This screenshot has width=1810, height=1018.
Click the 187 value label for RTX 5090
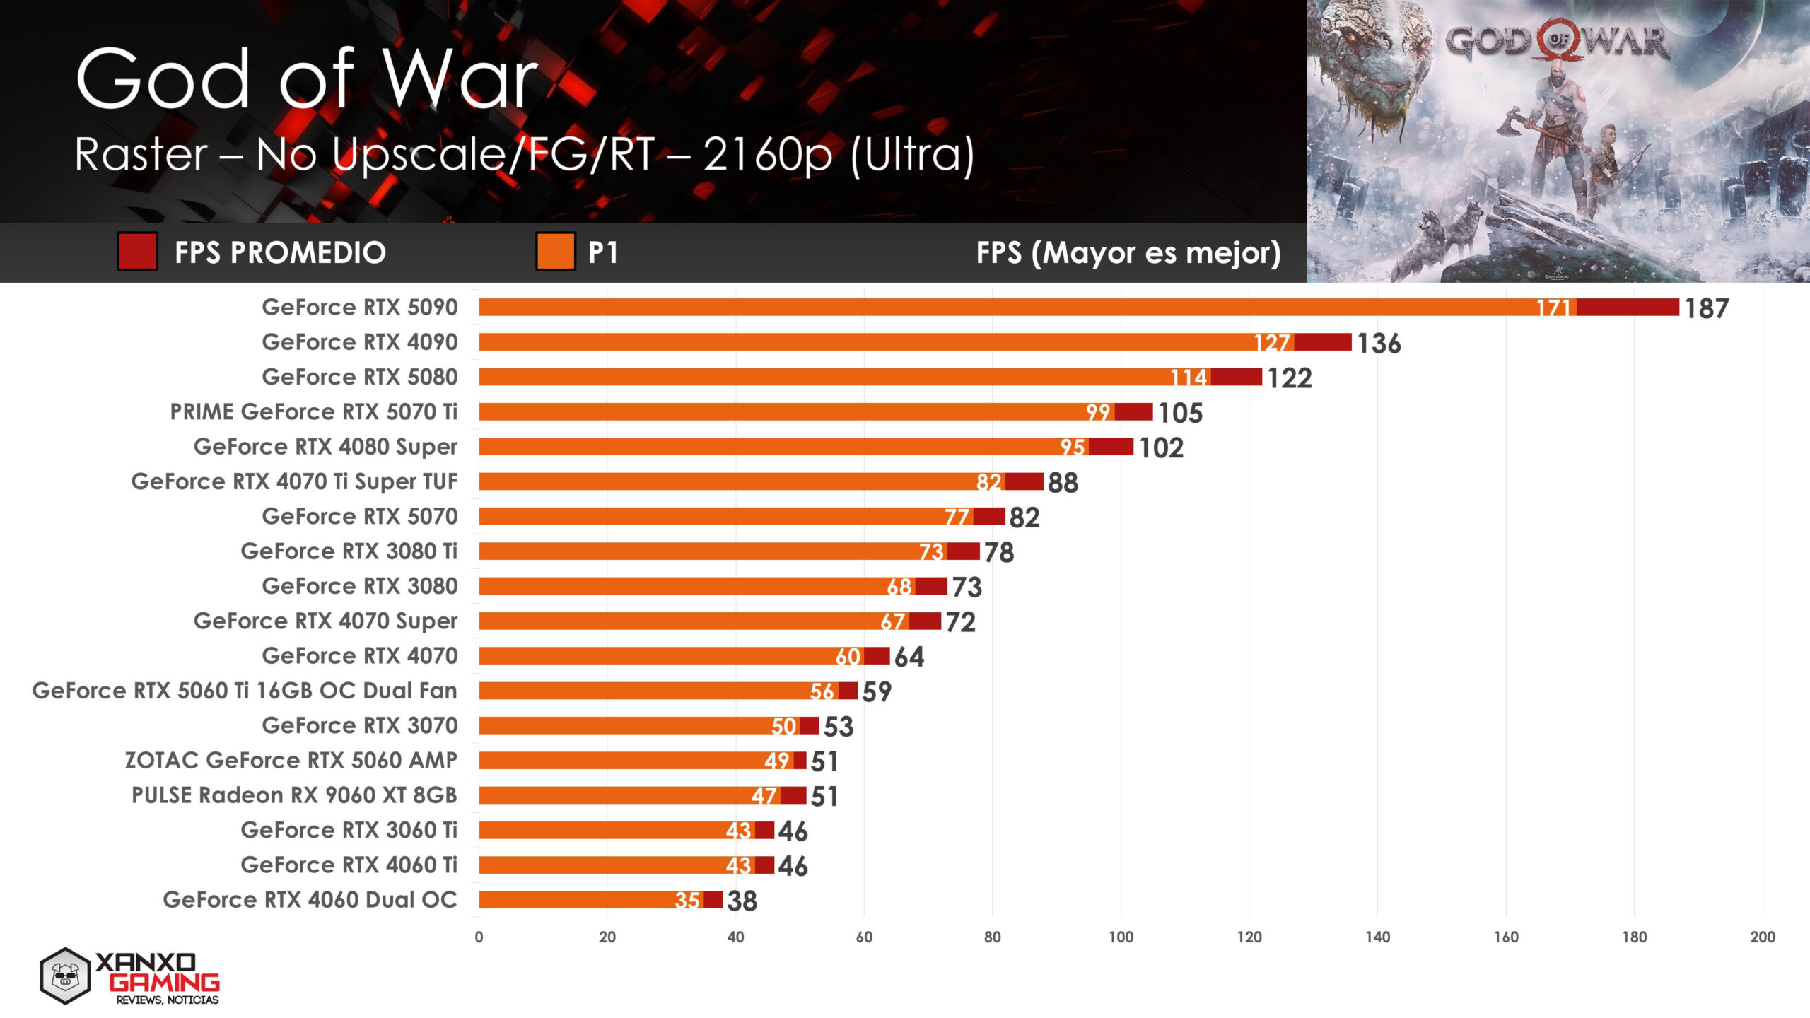(1706, 308)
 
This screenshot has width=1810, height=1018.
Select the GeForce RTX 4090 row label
(359, 342)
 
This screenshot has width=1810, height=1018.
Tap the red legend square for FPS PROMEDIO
(137, 252)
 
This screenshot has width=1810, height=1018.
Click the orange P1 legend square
(555, 252)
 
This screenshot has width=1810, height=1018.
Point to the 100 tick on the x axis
(1121, 937)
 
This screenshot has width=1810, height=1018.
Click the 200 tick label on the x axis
(1762, 937)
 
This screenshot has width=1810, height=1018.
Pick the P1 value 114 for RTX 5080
(1189, 378)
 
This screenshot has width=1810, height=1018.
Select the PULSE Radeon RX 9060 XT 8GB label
(294, 795)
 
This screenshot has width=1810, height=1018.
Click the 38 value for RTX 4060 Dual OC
(742, 901)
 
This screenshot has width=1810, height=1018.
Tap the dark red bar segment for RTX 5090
(1627, 308)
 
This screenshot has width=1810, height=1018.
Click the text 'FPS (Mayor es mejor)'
(1128, 252)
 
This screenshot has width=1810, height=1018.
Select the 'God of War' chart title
(306, 79)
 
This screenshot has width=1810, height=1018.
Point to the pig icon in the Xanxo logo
(65, 976)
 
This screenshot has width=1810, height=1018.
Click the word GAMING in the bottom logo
(164, 982)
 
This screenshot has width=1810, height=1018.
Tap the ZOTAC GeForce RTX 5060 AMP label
(291, 760)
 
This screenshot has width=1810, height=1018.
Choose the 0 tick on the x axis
(479, 937)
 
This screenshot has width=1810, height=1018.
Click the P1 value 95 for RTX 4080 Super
(1072, 447)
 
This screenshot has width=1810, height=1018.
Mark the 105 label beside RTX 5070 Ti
(1179, 413)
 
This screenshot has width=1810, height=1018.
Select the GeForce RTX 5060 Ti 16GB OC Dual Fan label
(245, 691)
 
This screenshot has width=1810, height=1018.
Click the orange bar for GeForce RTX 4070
(658, 656)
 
